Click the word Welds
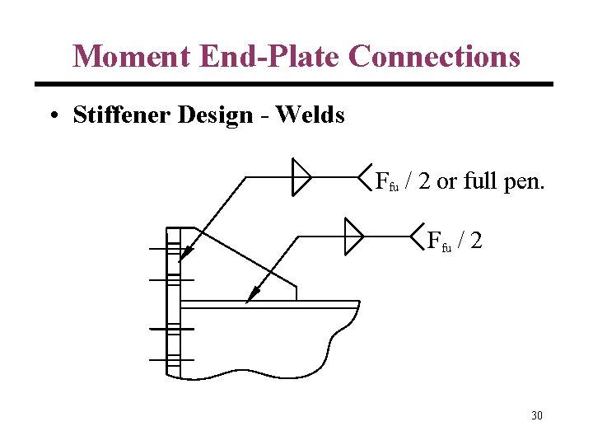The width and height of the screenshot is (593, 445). [311, 115]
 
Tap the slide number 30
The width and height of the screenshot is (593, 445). [536, 415]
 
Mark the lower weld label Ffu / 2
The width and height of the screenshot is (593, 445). [455, 241]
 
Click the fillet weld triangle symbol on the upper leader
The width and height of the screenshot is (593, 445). [301, 177]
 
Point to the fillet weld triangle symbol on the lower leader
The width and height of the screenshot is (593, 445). [353, 236]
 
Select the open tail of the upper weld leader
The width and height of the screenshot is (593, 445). [367, 176]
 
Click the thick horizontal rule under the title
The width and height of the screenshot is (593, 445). [294, 84]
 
